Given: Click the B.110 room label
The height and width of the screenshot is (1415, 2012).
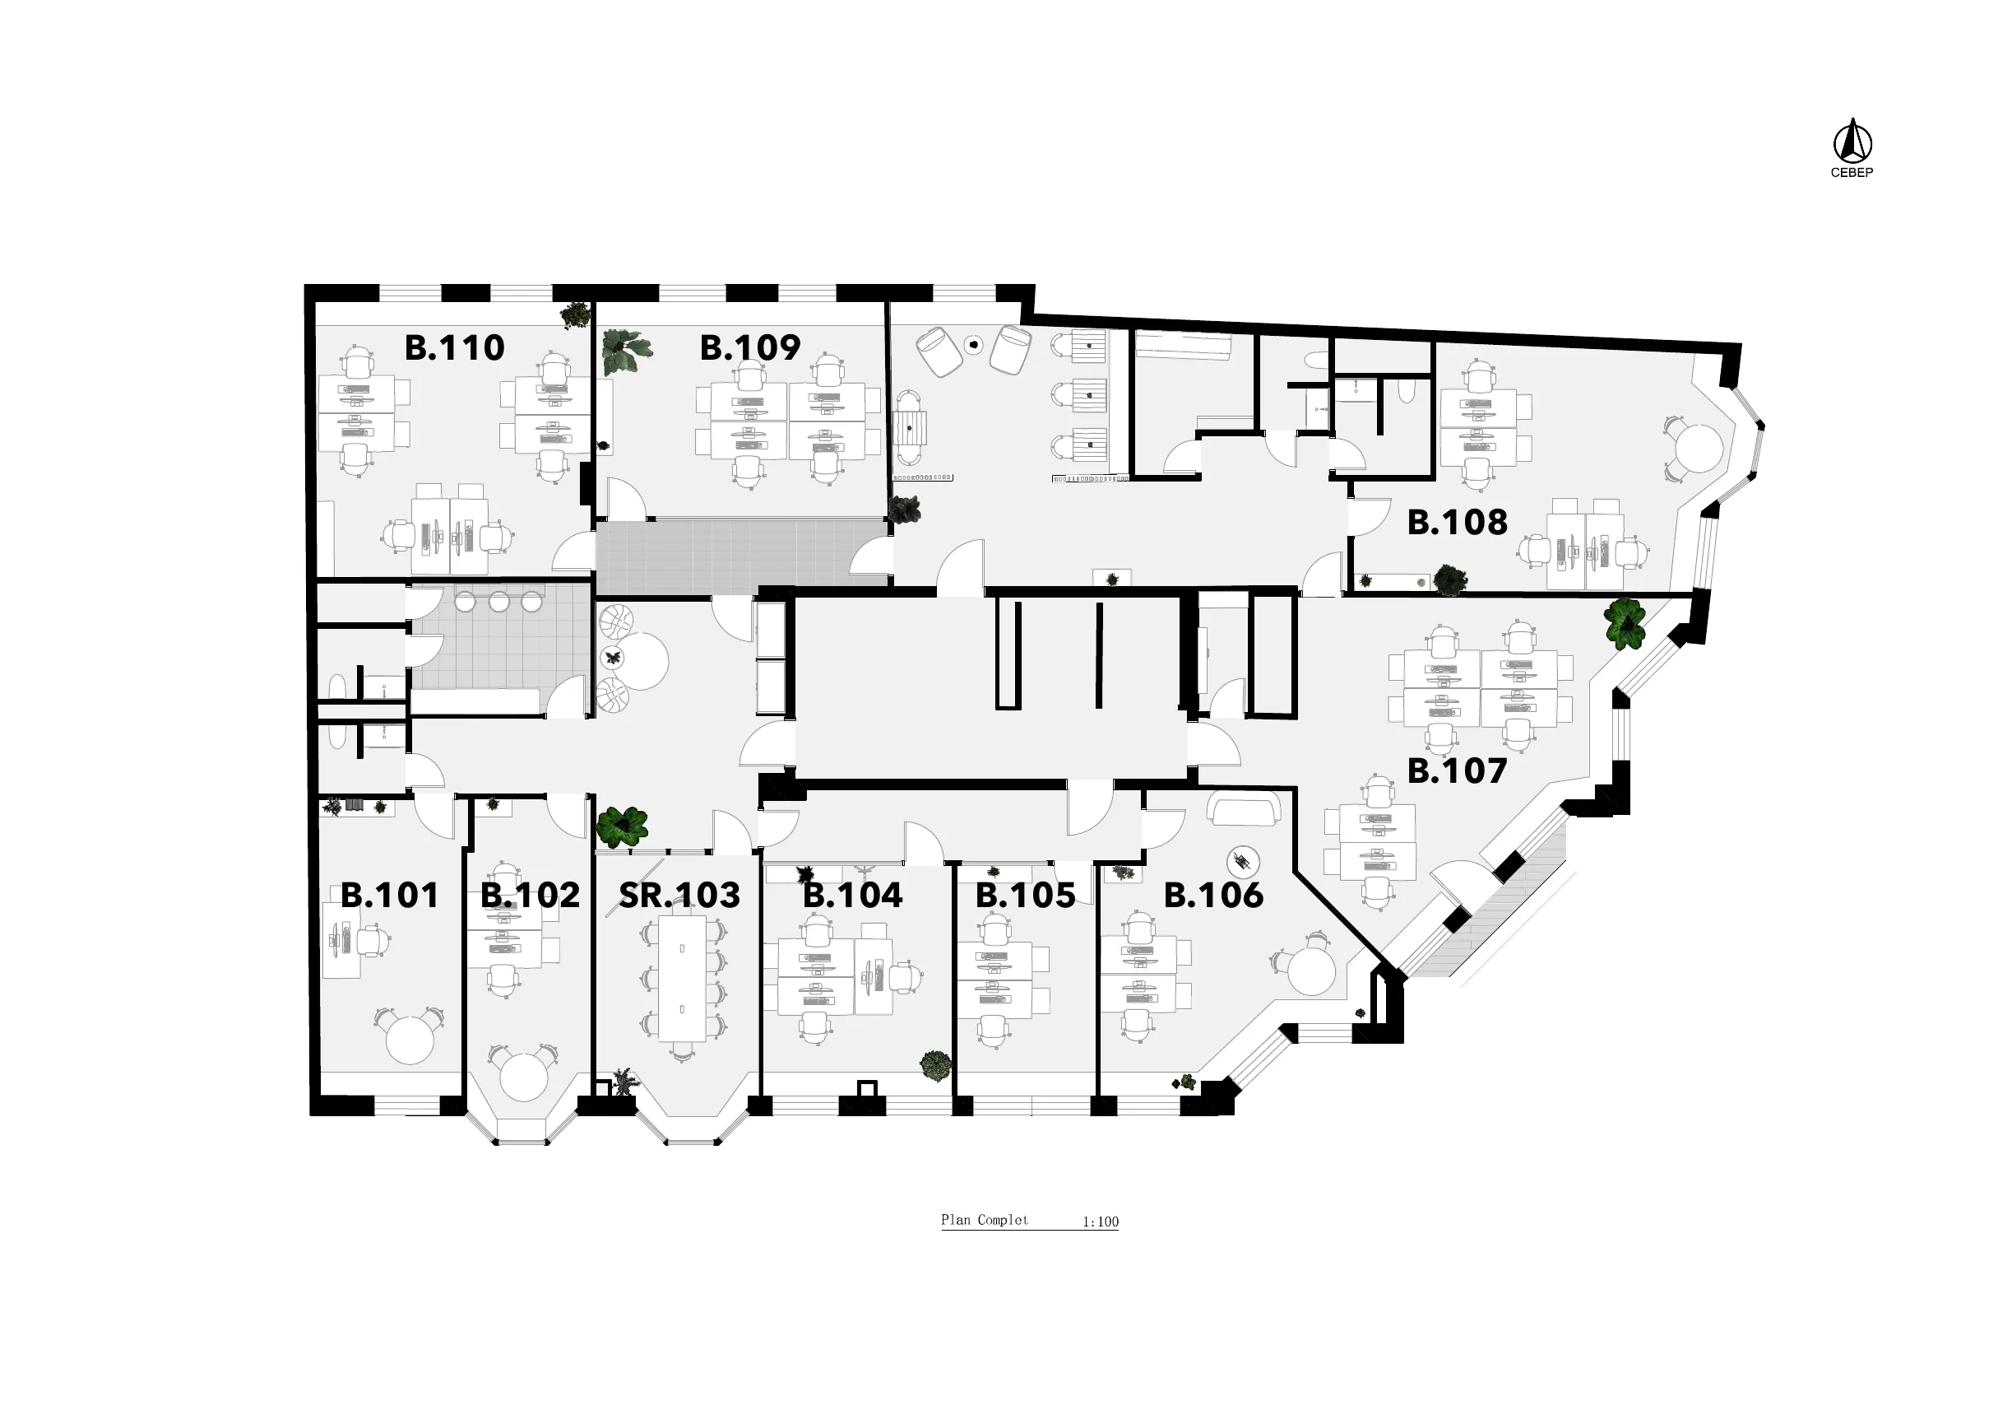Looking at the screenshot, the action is [x=454, y=348].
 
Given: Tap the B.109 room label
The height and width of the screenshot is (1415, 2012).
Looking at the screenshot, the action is [x=750, y=348].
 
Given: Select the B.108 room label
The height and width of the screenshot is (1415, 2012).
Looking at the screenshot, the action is [x=1458, y=522].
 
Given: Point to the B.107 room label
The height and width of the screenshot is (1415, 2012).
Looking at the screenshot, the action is [x=1458, y=770].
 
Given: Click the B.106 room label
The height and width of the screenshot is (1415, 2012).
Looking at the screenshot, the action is [x=1213, y=895].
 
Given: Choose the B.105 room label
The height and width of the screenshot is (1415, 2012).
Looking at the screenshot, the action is [x=1025, y=895].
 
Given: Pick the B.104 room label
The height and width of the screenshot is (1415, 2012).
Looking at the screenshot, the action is [x=853, y=895].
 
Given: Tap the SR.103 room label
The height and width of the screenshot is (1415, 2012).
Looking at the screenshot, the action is [x=679, y=895].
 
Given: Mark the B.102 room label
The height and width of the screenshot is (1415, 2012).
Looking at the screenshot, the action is [x=531, y=895].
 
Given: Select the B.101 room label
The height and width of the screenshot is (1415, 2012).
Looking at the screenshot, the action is [x=389, y=895].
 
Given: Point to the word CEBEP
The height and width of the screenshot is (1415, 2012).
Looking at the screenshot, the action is [x=1852, y=173].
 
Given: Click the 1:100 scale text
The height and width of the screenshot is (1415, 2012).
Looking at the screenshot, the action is [x=1101, y=1222].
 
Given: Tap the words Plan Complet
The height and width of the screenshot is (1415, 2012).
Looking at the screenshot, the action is [x=985, y=1219].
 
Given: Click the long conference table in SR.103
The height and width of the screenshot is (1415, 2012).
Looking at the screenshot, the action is [x=683, y=979].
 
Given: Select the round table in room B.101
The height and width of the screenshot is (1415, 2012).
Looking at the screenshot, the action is [x=410, y=1040].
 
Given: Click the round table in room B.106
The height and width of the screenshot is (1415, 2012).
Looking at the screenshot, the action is [x=1311, y=970].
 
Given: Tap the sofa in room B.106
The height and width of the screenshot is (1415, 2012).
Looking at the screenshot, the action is [x=1242, y=809].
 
